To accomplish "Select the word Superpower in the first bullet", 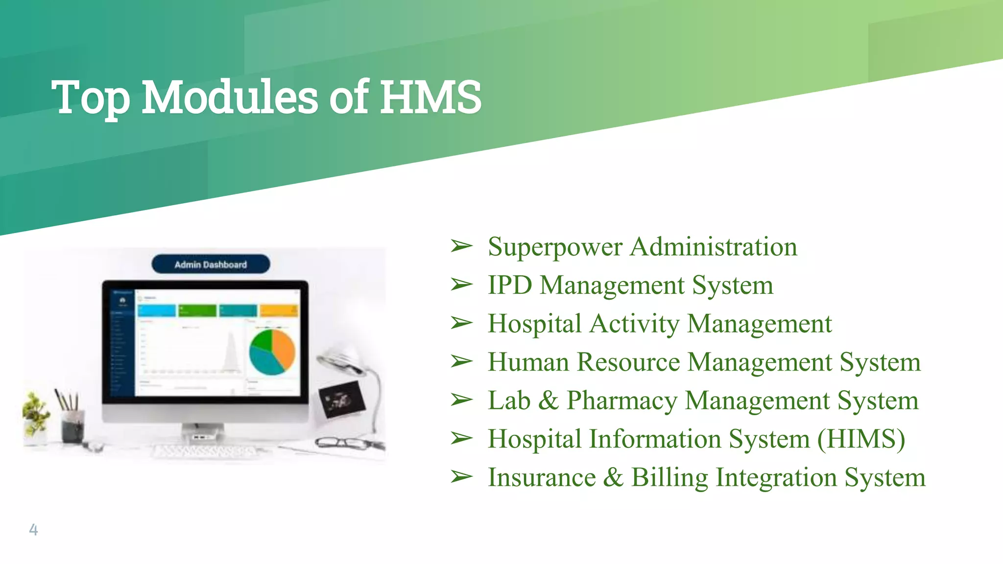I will [x=555, y=247].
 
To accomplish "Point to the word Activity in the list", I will [x=634, y=324].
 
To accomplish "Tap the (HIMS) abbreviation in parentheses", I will [x=861, y=439].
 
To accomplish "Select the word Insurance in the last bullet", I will [x=542, y=477].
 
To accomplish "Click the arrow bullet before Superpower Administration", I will [x=461, y=246].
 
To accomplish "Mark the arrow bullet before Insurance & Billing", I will [x=461, y=476].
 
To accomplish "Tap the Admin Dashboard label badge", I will [x=211, y=264].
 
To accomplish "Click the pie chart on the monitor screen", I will [x=272, y=352].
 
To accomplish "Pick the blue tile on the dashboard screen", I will [x=157, y=310].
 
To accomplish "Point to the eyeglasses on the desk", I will [x=343, y=443].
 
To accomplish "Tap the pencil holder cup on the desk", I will [x=72, y=426].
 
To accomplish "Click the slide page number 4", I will [x=33, y=529].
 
